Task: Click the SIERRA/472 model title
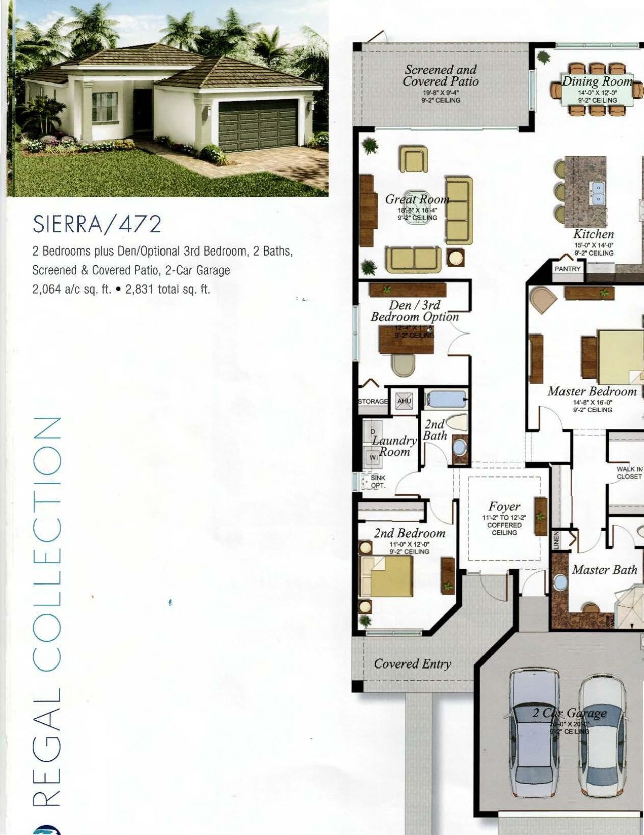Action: [97, 224]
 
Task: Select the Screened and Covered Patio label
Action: [441, 76]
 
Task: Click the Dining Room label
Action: [597, 81]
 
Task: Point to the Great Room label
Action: [417, 199]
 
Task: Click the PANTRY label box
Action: [567, 269]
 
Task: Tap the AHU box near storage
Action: [404, 401]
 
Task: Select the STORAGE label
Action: [373, 401]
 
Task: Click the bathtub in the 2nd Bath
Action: [445, 401]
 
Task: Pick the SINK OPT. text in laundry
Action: [378, 482]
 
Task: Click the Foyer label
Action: [504, 506]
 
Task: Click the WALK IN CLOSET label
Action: [629, 473]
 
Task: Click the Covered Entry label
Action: [412, 664]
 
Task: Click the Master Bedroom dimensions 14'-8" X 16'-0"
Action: [592, 402]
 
